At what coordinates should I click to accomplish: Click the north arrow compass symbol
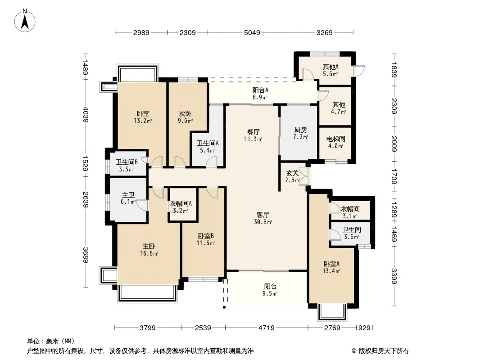pyautogui.click(x=25, y=21)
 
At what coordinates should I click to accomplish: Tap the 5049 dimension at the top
pyautogui.click(x=252, y=32)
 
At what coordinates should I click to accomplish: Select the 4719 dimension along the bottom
pyautogui.click(x=266, y=328)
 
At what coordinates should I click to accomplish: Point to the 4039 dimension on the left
pyautogui.click(x=86, y=115)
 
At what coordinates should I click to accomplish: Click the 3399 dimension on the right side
pyautogui.click(x=394, y=276)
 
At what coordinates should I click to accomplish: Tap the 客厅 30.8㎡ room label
pyautogui.click(x=263, y=218)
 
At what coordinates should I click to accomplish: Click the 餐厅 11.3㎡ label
pyautogui.click(x=253, y=135)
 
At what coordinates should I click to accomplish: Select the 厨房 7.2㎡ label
pyautogui.click(x=301, y=133)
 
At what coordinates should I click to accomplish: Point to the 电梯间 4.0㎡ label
pyautogui.click(x=335, y=142)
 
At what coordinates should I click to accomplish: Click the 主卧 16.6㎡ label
pyautogui.click(x=149, y=250)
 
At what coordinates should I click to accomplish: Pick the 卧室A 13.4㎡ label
pyautogui.click(x=331, y=267)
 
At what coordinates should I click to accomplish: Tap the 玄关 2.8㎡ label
pyautogui.click(x=292, y=176)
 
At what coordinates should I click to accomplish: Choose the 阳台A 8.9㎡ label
pyautogui.click(x=260, y=94)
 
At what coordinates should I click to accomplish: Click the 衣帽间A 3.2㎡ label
pyautogui.click(x=181, y=207)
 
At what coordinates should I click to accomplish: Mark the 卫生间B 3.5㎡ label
pyautogui.click(x=127, y=166)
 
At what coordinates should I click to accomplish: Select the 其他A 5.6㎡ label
pyautogui.click(x=331, y=70)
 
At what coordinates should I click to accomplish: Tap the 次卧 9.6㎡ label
pyautogui.click(x=185, y=117)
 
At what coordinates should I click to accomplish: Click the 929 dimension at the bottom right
pyautogui.click(x=364, y=328)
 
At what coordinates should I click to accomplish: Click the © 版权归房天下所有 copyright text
pyautogui.click(x=380, y=351)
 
